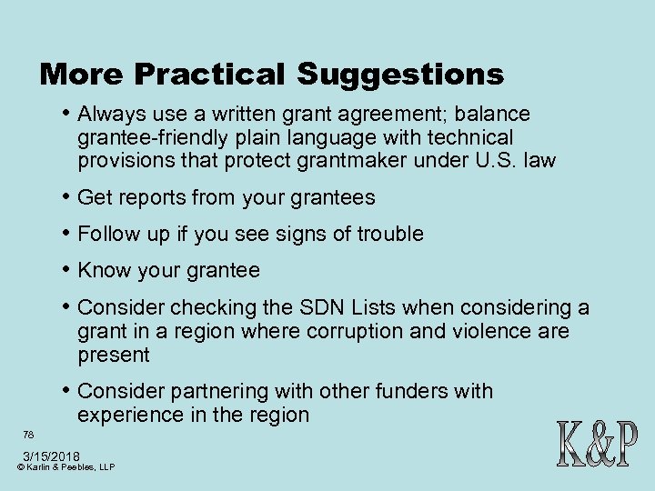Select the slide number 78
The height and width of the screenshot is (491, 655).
(29, 435)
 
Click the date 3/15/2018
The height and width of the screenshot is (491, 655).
(52, 456)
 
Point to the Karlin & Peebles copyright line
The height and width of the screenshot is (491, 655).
(65, 467)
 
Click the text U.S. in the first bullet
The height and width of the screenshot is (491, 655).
(518, 162)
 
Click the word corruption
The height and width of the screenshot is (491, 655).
(348, 331)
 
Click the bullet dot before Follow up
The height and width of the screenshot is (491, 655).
(68, 234)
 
